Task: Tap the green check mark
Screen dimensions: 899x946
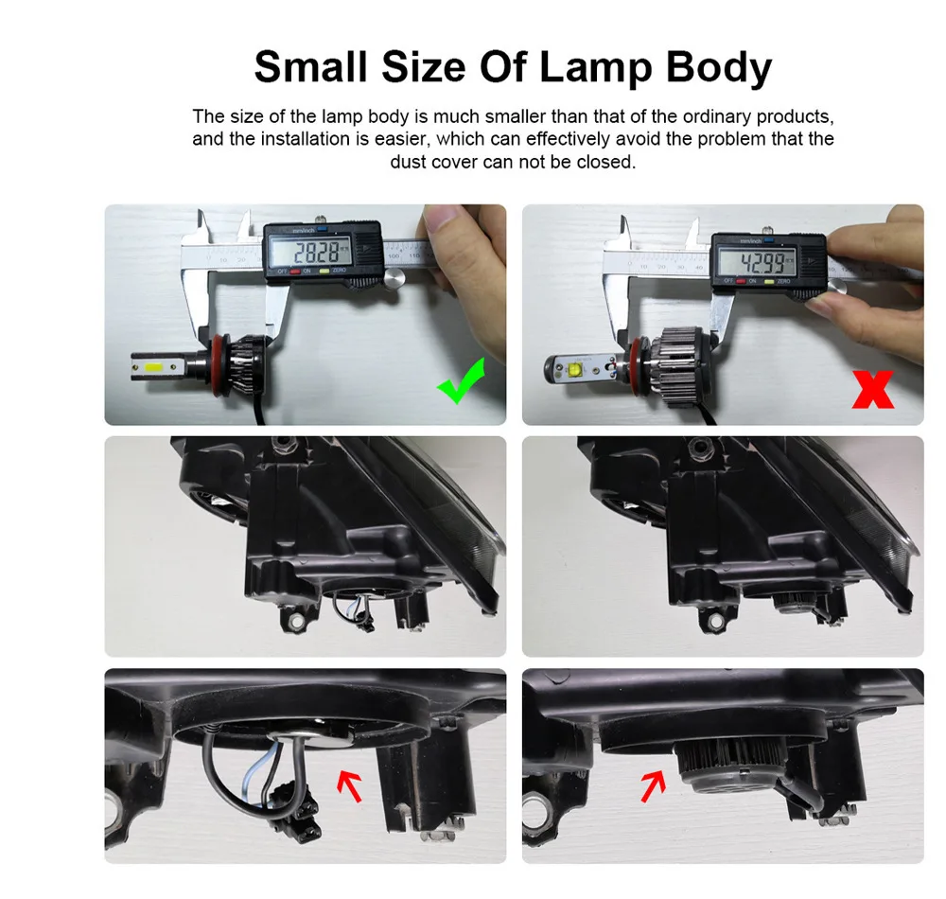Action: click(x=460, y=380)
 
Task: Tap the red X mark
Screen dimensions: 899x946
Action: click(x=872, y=389)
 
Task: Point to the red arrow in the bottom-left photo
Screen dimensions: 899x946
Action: click(x=350, y=784)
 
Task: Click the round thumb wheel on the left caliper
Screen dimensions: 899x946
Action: click(x=395, y=278)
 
